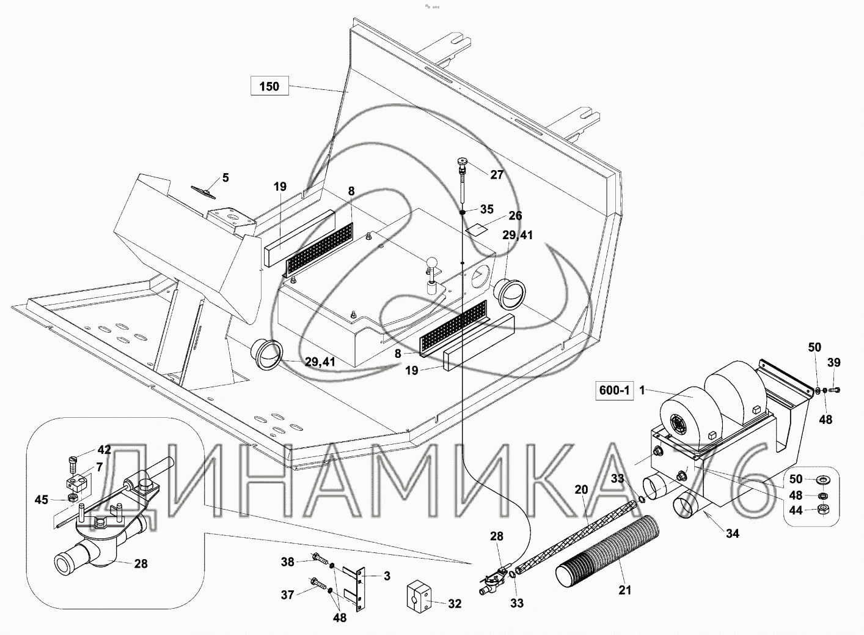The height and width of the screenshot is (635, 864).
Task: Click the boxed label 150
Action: click(269, 86)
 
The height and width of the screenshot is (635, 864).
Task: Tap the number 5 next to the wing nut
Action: click(225, 178)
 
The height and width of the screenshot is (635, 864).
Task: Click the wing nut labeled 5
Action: click(203, 192)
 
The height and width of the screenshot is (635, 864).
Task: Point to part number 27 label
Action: click(497, 174)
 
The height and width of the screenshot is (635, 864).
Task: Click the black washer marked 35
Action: click(463, 212)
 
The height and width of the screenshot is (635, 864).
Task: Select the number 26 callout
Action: click(515, 215)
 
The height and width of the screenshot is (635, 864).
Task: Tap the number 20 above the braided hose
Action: click(580, 489)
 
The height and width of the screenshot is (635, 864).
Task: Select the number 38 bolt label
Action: click(288, 562)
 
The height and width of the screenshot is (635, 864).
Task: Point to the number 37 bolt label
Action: click(288, 594)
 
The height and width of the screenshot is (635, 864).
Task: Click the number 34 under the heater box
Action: click(732, 534)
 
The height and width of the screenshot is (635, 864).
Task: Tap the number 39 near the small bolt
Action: click(834, 363)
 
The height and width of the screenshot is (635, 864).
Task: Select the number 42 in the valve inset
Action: click(104, 450)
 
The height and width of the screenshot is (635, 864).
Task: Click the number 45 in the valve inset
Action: click(41, 500)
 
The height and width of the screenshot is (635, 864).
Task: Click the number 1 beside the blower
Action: click(642, 390)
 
